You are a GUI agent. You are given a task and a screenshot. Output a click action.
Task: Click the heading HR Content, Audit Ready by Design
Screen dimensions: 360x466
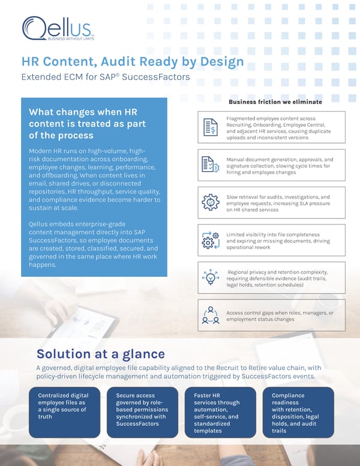click(133, 61)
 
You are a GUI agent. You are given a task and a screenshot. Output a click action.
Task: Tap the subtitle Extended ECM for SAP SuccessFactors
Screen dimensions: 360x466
click(106, 76)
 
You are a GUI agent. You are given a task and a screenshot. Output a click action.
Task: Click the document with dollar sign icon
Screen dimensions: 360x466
click(210, 127)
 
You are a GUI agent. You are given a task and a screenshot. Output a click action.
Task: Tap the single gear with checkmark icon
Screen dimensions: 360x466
click(211, 202)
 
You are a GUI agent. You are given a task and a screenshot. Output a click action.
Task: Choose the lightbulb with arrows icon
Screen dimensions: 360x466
click(211, 277)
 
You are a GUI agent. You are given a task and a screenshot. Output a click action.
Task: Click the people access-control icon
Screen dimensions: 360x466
click(211, 315)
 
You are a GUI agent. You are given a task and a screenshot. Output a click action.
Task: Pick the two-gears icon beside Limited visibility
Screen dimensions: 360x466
click(211, 240)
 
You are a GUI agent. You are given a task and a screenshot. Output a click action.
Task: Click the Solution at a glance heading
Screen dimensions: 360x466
click(101, 354)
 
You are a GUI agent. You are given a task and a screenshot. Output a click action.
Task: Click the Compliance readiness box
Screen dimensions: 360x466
click(298, 412)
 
